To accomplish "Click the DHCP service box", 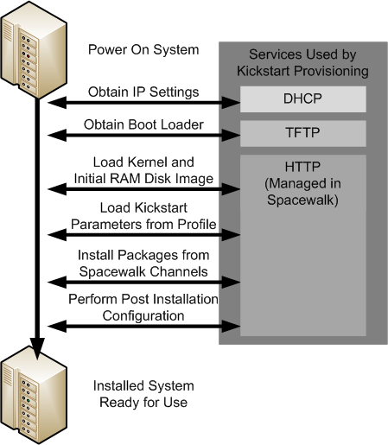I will pyautogui.click(x=302, y=99).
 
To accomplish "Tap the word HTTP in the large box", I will pyautogui.click(x=302, y=165).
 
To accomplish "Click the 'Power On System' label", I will pyautogui.click(x=143, y=49).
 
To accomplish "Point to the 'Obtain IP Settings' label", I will pyautogui.click(x=143, y=92).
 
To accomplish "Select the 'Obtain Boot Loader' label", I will pyautogui.click(x=143, y=124).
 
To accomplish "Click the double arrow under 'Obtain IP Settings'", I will pyautogui.click(x=143, y=104).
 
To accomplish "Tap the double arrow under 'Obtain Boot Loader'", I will pyautogui.click(x=143, y=137).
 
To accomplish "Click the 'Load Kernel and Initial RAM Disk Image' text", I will pyautogui.click(x=143, y=170).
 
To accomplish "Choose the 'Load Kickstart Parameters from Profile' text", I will pyautogui.click(x=143, y=218).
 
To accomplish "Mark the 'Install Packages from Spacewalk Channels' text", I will pyautogui.click(x=143, y=264).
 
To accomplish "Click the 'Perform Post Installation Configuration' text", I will pyautogui.click(x=143, y=307).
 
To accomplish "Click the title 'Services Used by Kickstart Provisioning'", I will pyautogui.click(x=302, y=61).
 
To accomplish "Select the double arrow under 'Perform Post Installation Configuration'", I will pyautogui.click(x=143, y=325).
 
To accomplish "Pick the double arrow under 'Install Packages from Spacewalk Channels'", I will pyautogui.click(x=143, y=281).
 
